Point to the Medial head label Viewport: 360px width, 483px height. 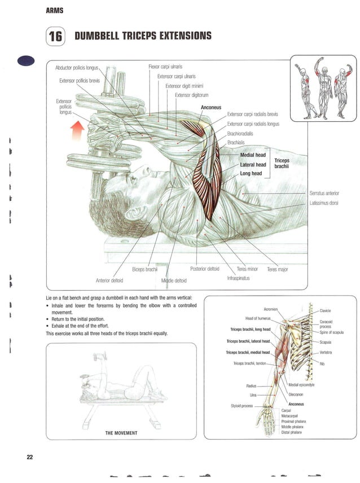click(x=253, y=155)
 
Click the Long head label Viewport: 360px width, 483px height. click(x=251, y=173)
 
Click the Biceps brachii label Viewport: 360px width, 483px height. click(x=144, y=269)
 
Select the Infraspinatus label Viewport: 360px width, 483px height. click(x=238, y=278)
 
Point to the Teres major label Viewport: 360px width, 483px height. click(x=277, y=269)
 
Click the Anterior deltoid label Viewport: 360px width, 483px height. click(x=109, y=280)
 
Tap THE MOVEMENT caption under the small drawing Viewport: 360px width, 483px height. click(x=121, y=433)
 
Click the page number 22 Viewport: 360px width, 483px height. click(x=29, y=456)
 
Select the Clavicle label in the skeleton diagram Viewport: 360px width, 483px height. click(x=325, y=310)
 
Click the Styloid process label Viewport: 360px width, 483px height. click(x=242, y=406)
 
